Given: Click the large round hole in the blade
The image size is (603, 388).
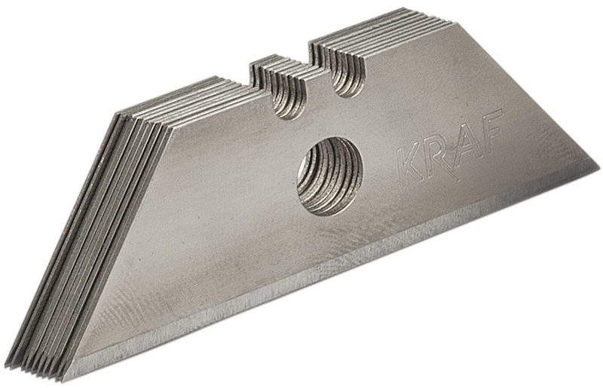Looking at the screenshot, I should coord(329,175).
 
